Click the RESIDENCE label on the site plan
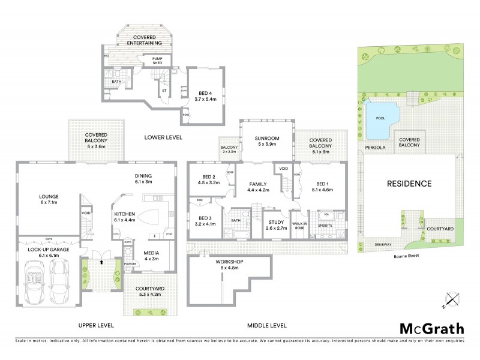[409, 183]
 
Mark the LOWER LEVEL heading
[163, 137]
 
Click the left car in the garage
[34, 282]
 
